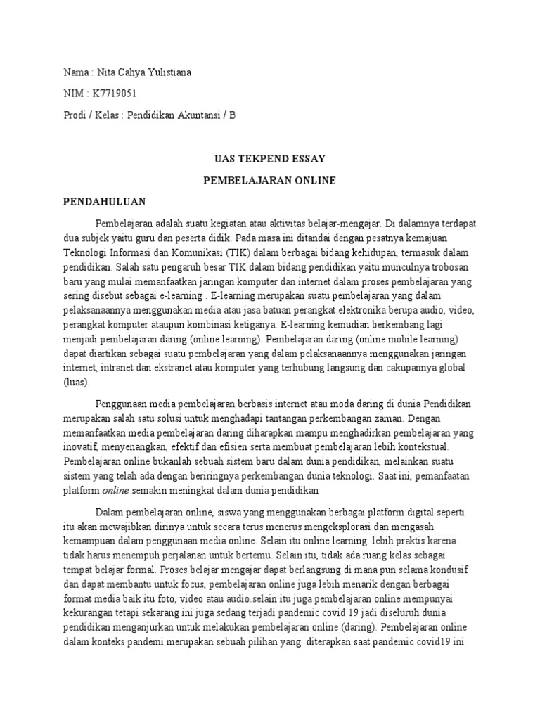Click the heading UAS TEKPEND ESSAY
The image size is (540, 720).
269,159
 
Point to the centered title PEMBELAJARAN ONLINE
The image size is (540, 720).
269,181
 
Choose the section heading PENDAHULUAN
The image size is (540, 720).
105,202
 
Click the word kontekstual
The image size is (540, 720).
428,446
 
